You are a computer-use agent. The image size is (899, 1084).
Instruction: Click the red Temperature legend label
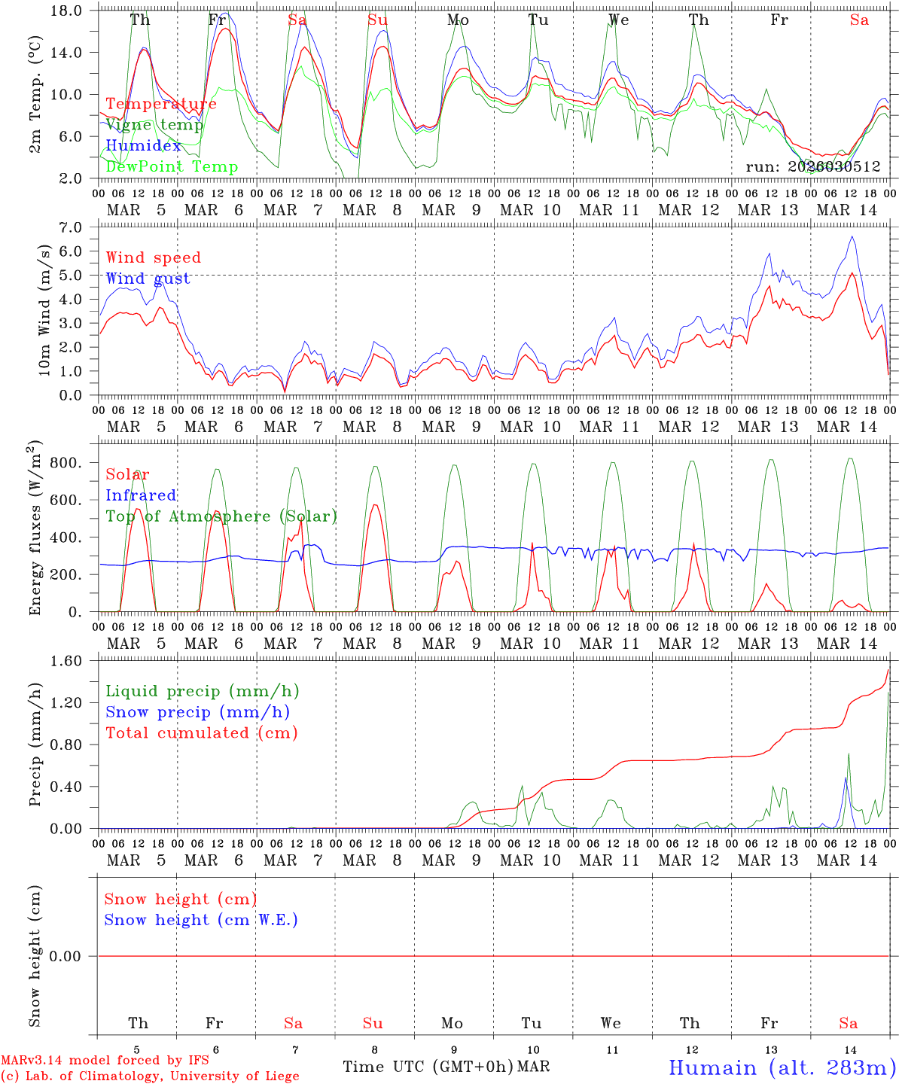click(x=160, y=104)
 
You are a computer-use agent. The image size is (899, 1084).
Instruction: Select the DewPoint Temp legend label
click(x=172, y=166)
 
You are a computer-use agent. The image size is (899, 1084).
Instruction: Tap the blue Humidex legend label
click(x=143, y=145)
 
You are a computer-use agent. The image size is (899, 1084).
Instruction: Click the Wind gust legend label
click(x=148, y=279)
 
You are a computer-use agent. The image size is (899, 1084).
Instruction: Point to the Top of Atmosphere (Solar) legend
click(x=221, y=516)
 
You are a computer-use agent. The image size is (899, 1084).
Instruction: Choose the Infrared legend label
click(x=141, y=495)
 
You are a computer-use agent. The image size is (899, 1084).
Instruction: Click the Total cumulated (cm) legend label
click(x=201, y=732)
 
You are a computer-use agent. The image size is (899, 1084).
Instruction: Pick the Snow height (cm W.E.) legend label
click(x=201, y=920)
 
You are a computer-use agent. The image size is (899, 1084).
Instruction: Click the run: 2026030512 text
click(x=812, y=167)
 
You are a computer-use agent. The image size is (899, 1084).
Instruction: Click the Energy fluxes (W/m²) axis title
click(x=35, y=530)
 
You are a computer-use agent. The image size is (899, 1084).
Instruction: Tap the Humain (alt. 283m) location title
click(x=782, y=1067)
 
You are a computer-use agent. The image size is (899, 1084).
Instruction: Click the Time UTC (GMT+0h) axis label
click(x=428, y=1067)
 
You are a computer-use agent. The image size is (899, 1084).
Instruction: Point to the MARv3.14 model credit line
click(x=105, y=1061)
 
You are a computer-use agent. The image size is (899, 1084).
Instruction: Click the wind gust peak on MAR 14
click(x=852, y=236)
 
